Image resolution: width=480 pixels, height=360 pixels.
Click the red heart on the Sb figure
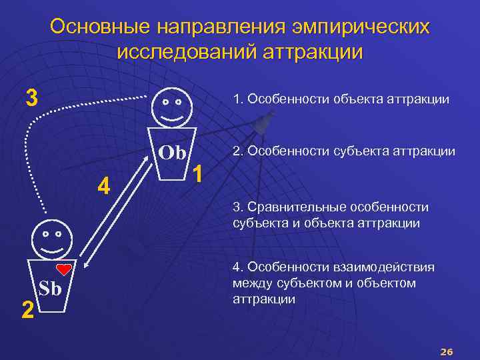pos(65,269)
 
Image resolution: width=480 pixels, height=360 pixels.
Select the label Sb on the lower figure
pos(50,289)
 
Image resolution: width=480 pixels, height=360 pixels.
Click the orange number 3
pos(31,97)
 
